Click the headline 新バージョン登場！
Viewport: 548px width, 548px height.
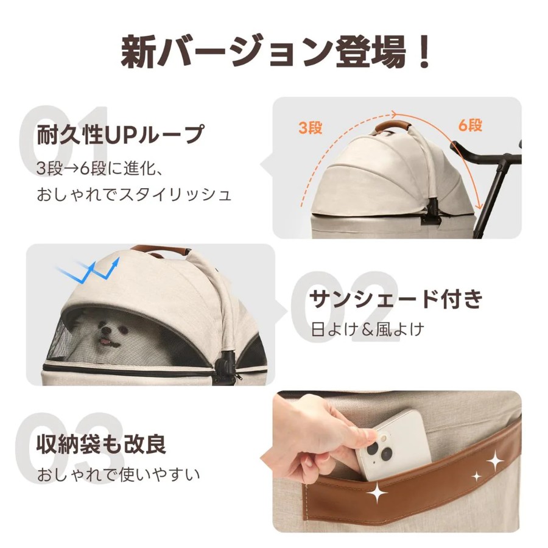[275, 52]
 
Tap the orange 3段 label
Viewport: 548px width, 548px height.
[311, 128]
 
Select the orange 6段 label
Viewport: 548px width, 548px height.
[471, 125]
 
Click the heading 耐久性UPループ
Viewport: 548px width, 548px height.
[120, 135]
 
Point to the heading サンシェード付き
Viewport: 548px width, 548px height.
[396, 299]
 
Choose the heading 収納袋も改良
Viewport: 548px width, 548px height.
[101, 444]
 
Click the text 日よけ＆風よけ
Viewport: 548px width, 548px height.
[368, 329]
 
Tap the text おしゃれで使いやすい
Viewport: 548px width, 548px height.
[119, 474]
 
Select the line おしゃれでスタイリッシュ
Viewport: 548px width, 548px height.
[134, 195]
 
